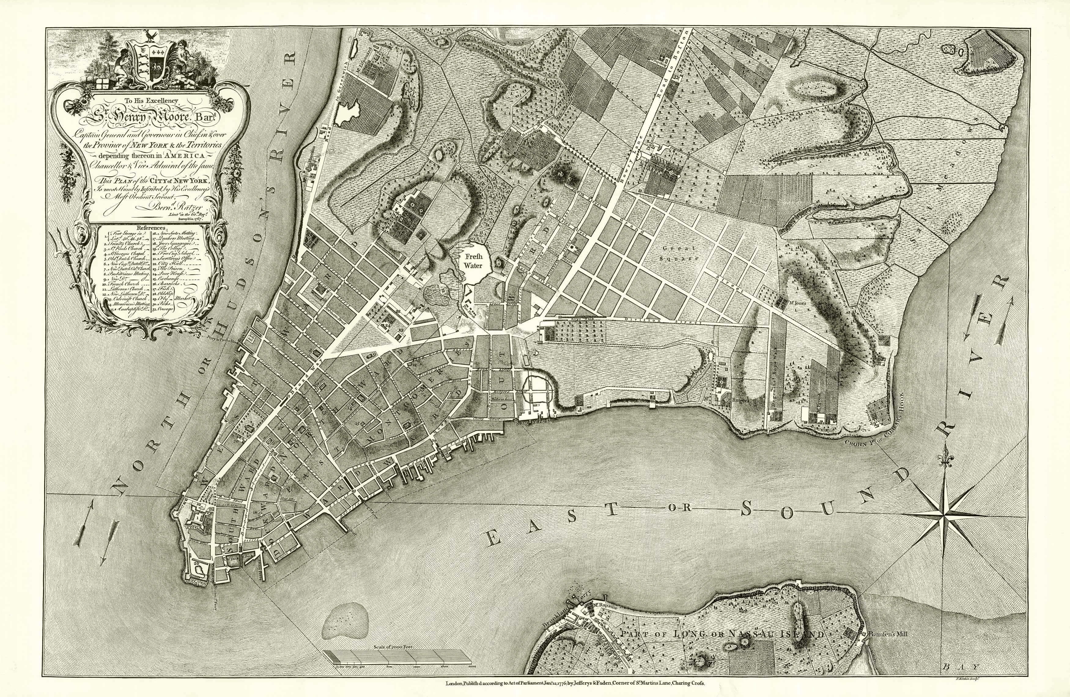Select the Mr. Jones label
point(796,303)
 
